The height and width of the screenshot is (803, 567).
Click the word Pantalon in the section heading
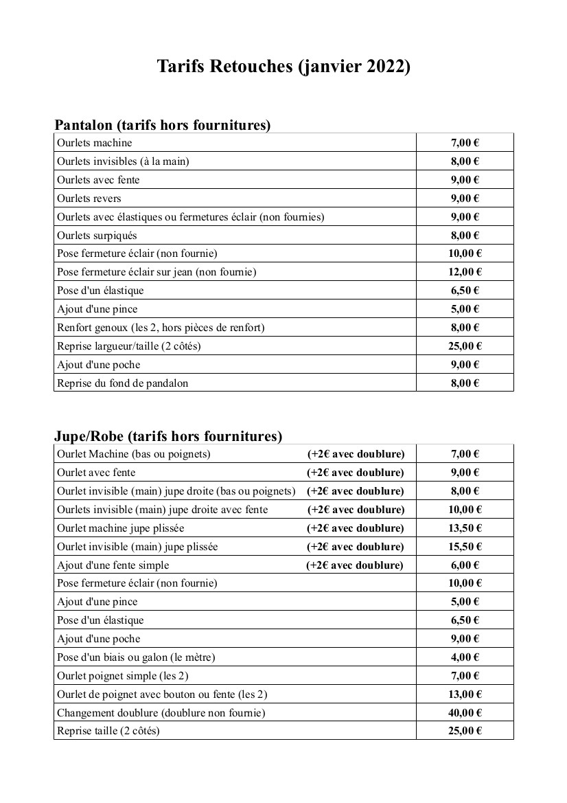coord(83,125)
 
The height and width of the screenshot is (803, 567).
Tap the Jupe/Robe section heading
coord(168,436)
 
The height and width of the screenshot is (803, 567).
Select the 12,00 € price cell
coord(465,272)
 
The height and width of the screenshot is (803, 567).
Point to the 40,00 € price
coord(465,712)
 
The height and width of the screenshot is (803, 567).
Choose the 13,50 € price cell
coord(465,528)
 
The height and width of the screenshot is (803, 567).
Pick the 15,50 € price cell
coord(465,547)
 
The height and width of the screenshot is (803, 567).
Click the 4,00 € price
coord(465,657)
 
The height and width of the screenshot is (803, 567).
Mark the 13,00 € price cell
coord(465,694)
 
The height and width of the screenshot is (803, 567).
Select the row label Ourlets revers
coord(89,199)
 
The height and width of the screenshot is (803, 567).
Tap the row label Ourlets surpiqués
coord(97,236)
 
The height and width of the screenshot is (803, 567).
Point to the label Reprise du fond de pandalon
coord(122,383)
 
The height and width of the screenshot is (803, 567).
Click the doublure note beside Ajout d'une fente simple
coord(355,565)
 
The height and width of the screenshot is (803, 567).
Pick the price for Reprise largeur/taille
coord(465,346)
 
